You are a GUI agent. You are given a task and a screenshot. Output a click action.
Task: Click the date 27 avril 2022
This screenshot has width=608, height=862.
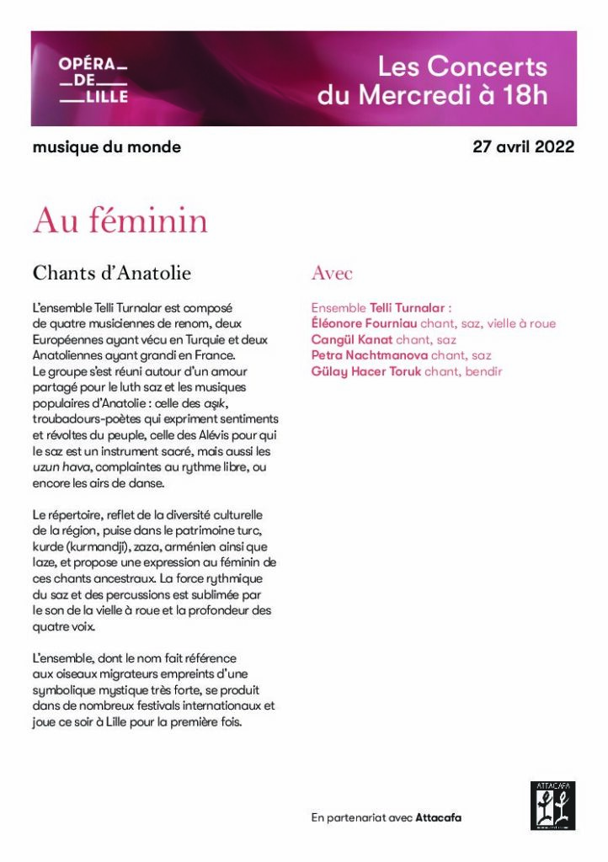523,146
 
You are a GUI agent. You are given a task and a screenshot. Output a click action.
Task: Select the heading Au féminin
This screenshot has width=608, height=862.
120,221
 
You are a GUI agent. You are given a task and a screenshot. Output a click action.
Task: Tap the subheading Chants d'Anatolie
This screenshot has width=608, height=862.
111,273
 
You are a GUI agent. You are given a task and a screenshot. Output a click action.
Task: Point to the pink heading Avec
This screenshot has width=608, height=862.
332,273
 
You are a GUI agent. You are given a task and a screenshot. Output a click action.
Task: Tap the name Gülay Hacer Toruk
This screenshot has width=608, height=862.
365,371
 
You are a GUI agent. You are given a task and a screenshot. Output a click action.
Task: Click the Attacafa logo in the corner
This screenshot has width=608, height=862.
552,806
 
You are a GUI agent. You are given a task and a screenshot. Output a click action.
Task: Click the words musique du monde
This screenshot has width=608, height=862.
106,147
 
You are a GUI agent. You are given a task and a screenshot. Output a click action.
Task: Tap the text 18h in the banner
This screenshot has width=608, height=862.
525,95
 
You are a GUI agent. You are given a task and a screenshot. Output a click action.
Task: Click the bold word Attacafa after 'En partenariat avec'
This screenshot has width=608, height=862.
438,817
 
